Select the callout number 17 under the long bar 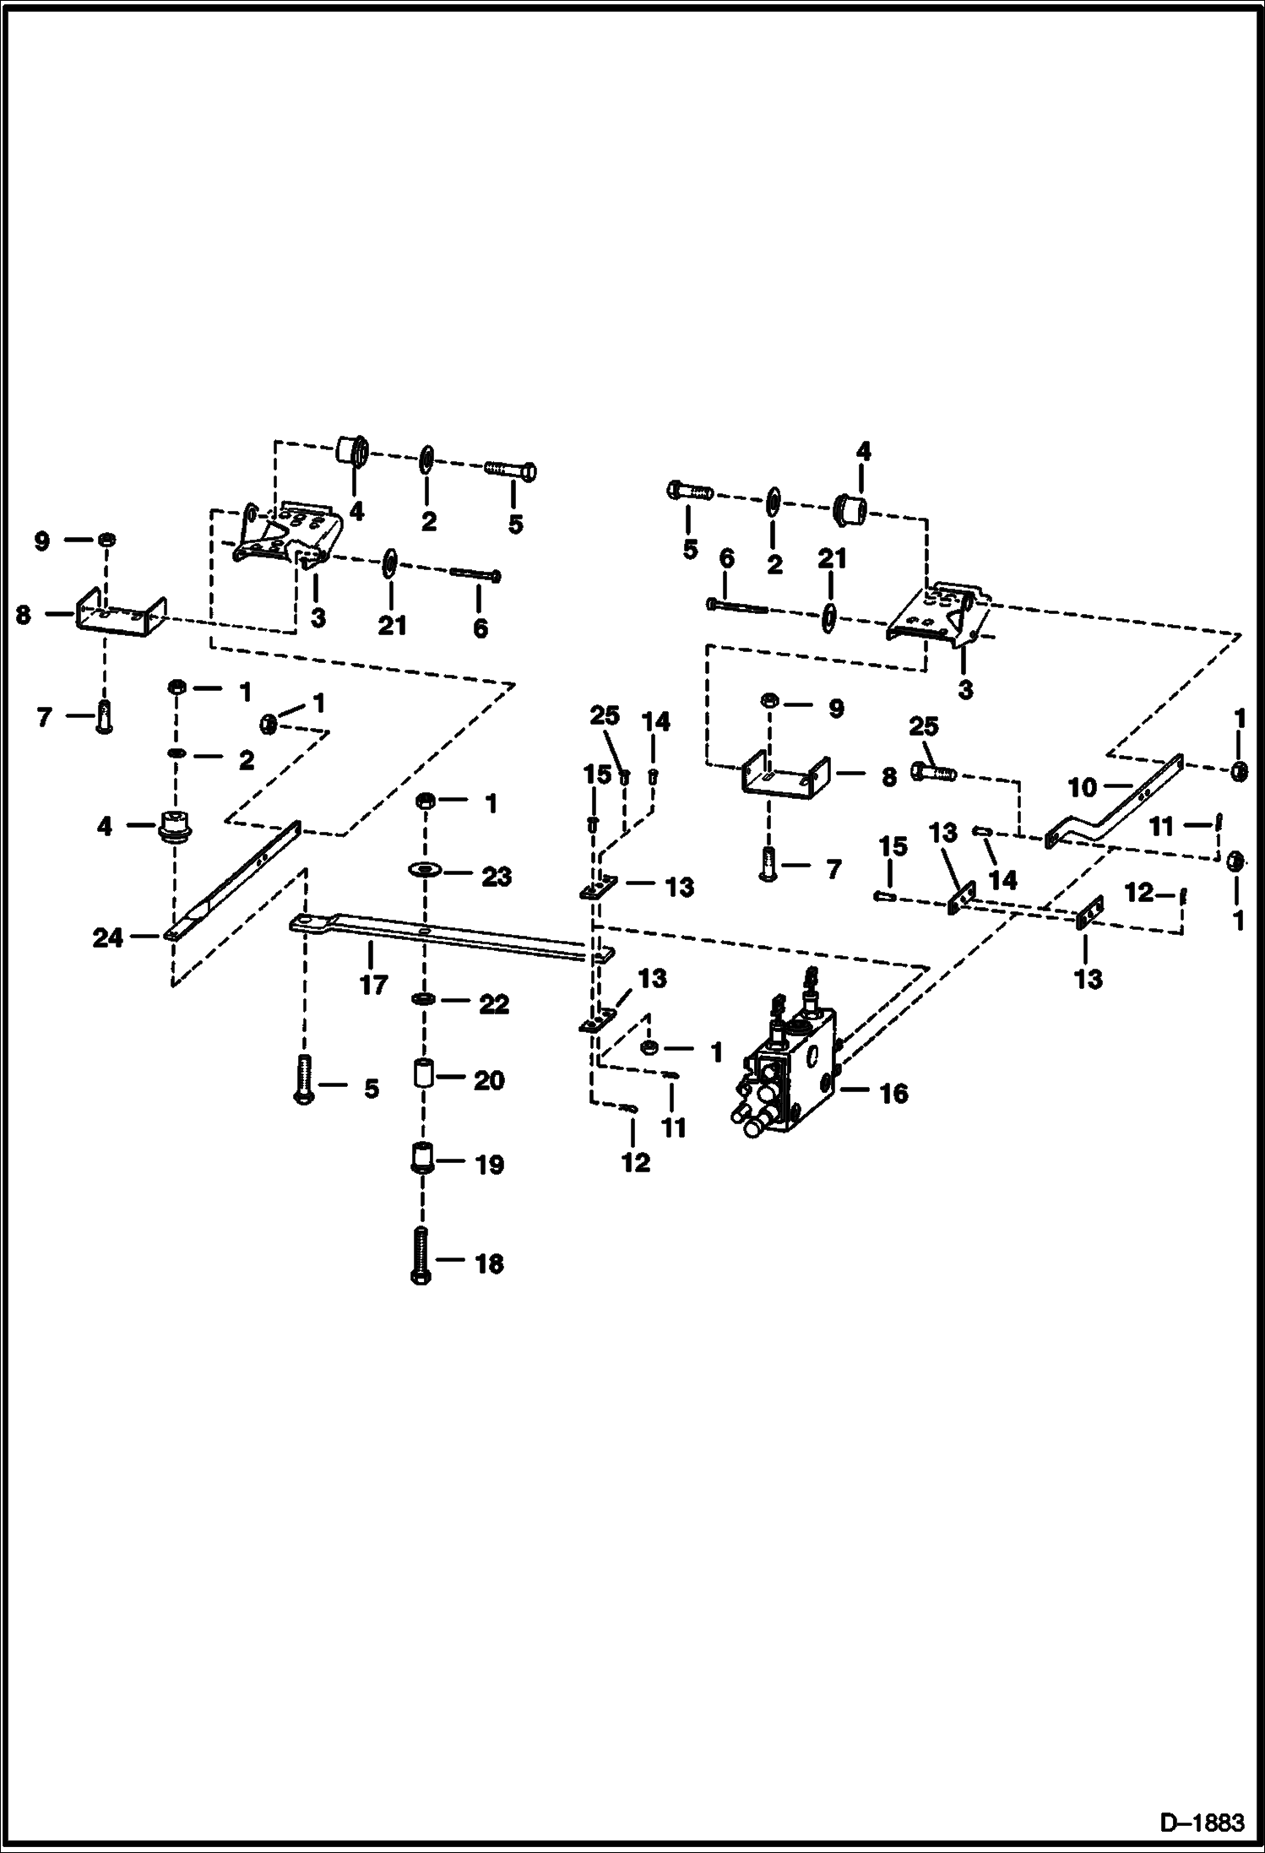click(x=373, y=984)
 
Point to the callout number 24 click(x=107, y=937)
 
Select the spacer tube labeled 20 click(x=422, y=1077)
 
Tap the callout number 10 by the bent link click(x=1082, y=788)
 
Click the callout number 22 click(x=495, y=1004)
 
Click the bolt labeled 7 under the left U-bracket click(x=104, y=718)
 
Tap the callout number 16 click(x=893, y=1093)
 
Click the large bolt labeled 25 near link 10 click(x=933, y=771)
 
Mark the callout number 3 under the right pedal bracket click(x=965, y=689)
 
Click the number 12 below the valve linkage click(x=636, y=1162)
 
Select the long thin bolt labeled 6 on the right click(x=737, y=606)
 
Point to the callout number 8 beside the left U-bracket click(x=23, y=615)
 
